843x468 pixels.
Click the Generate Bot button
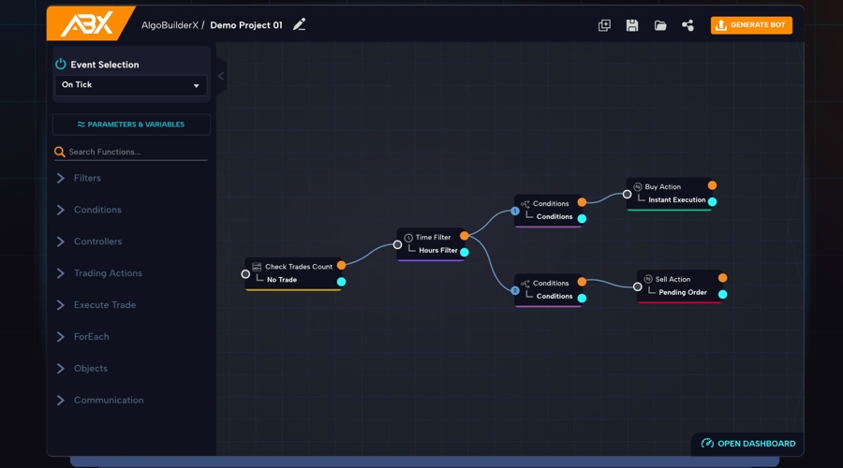(751, 25)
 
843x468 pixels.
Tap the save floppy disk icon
(632, 25)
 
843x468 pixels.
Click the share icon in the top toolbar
(688, 25)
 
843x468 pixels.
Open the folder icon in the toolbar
(660, 25)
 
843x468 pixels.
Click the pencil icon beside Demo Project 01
(300, 25)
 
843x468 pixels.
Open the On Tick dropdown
(130, 85)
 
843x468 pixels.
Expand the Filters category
(87, 178)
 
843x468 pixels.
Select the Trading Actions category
(108, 273)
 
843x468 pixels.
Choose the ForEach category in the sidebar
(91, 337)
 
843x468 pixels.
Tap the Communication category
(109, 401)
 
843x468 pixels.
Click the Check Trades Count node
(298, 267)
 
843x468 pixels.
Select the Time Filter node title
(433, 238)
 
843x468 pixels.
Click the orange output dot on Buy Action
(713, 185)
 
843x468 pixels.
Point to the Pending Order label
(683, 293)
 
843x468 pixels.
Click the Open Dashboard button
(748, 444)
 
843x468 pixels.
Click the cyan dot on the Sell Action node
(723, 294)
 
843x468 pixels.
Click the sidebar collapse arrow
(221, 76)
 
